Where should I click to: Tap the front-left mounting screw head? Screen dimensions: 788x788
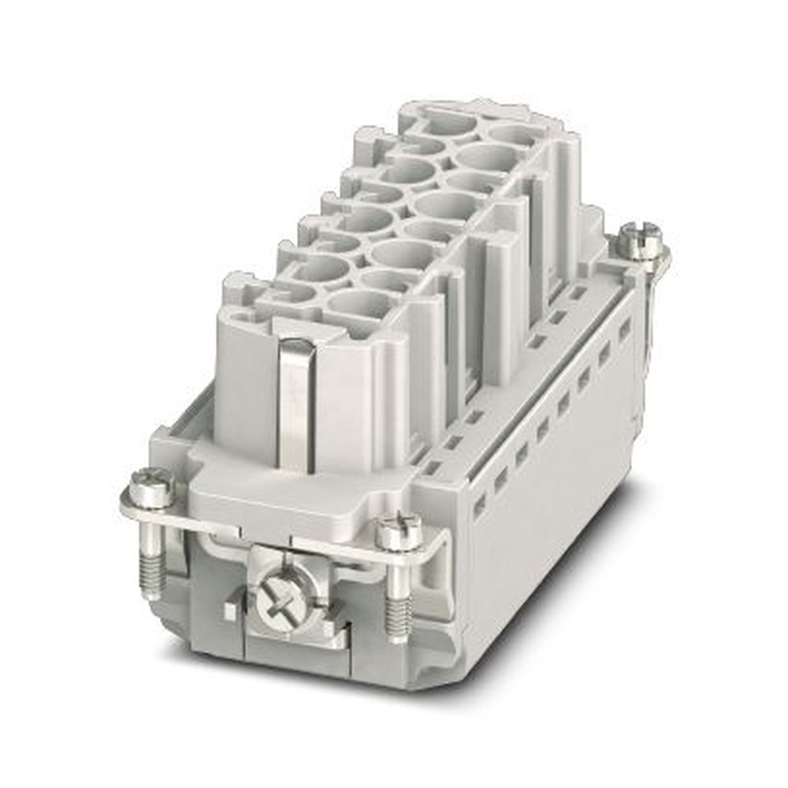click(151, 487)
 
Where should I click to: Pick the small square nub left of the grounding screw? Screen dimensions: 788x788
click(229, 610)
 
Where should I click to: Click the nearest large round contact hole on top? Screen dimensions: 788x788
click(360, 302)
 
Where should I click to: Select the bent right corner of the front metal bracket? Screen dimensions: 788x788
click(441, 544)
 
